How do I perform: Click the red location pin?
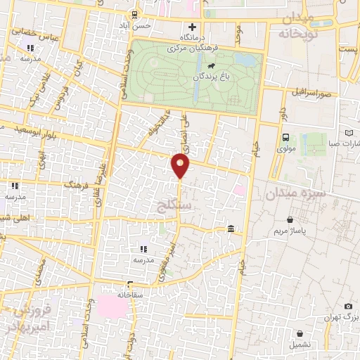181,166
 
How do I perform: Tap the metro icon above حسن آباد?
134,14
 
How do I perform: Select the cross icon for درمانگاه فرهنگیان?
192,27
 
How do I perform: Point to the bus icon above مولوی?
286,138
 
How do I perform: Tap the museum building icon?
231,229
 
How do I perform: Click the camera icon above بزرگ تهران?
348,307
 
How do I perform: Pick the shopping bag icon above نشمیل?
292,326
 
